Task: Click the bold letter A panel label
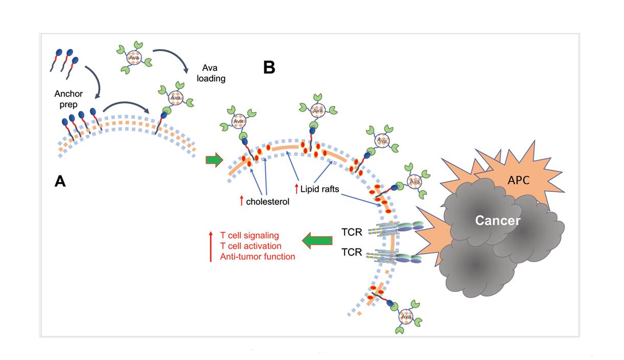[60, 181]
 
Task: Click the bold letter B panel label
[269, 67]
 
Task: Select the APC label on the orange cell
[518, 180]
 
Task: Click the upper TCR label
[352, 233]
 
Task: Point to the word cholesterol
[268, 201]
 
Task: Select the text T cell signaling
[249, 235]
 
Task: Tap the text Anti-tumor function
[258, 257]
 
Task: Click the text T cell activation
[251, 246]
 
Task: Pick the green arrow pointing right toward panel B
[215, 160]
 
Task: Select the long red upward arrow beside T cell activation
[211, 246]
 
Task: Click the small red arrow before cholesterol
[241, 201]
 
